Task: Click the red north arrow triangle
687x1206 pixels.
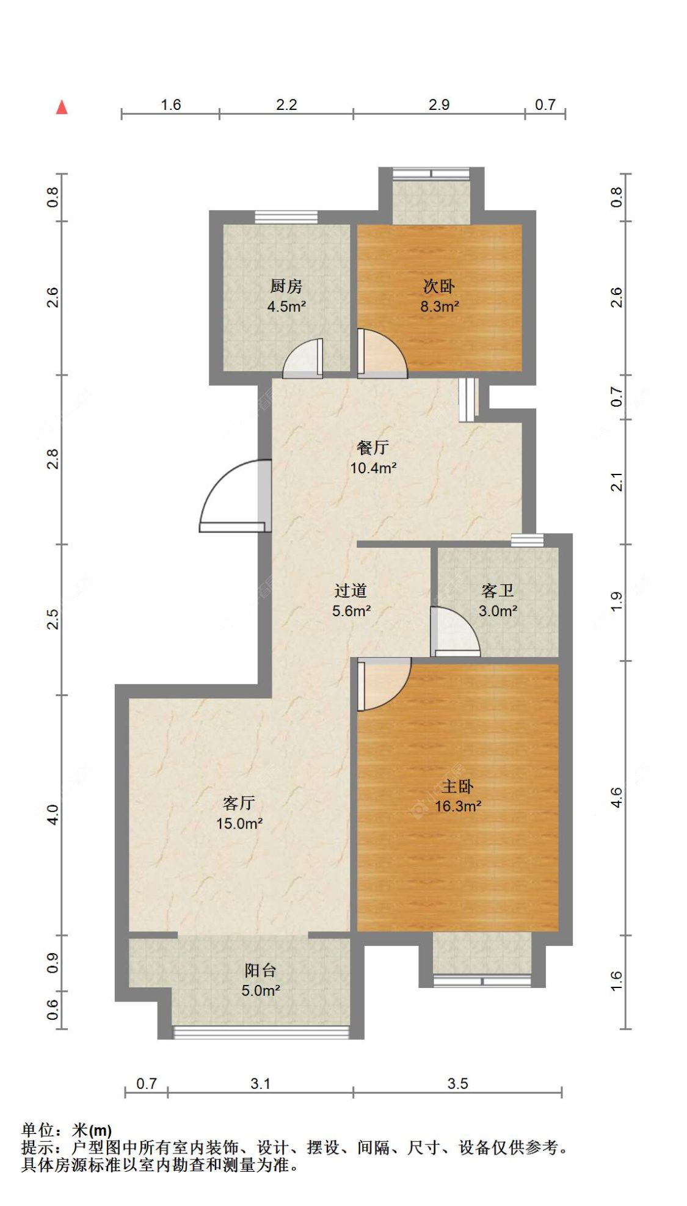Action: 62,107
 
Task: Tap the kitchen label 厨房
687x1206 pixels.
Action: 286,286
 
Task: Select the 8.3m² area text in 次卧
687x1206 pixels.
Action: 439,307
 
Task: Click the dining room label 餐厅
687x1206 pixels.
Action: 373,448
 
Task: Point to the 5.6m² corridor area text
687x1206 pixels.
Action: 351,611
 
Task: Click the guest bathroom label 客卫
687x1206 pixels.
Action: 497,590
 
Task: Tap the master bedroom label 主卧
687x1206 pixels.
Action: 457,786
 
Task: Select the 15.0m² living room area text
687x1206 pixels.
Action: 239,823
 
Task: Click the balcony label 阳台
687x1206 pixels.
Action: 260,970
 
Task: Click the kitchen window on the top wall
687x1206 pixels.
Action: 286,217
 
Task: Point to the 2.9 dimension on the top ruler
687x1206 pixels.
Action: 438,104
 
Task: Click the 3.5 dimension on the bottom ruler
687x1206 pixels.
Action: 457,1083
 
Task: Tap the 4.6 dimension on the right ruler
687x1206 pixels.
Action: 616,797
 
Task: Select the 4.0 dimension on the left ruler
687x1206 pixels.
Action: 53,815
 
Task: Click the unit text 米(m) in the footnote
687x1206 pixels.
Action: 92,1130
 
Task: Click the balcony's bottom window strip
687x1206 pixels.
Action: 261,1032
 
